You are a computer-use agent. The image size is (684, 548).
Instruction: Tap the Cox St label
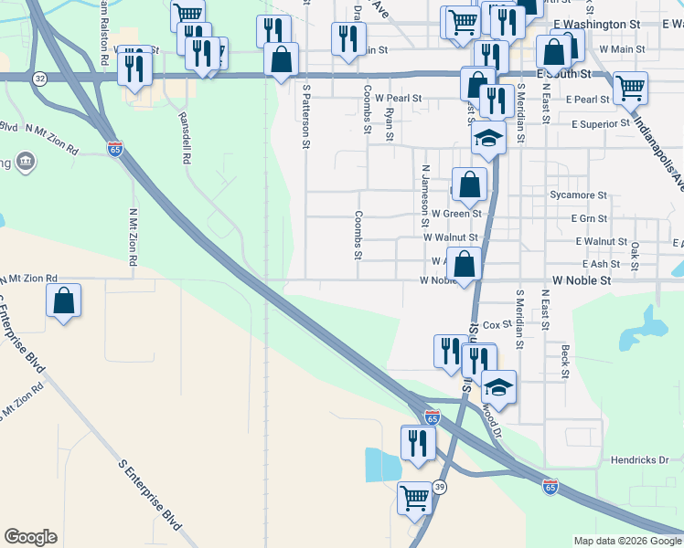pos(497,324)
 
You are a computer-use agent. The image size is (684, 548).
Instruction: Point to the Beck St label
pos(565,362)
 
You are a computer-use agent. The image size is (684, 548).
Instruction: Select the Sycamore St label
pos(578,195)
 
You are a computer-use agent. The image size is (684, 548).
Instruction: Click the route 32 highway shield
pos(39,79)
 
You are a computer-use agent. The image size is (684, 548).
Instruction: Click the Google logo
pos(30,537)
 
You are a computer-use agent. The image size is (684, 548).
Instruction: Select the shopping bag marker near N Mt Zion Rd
pos(63,300)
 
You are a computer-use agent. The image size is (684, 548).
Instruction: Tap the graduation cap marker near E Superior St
pos(488,140)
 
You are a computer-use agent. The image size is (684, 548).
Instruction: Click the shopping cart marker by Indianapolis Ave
pos(630,89)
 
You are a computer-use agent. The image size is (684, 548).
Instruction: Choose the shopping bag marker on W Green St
pos(469,184)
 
